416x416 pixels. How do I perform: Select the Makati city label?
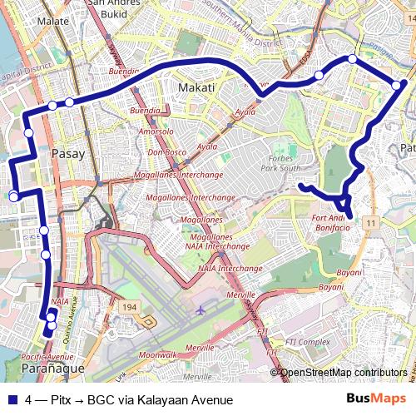[196, 87]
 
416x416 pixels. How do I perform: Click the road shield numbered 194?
[129, 308]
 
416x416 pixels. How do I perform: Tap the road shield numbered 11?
[371, 222]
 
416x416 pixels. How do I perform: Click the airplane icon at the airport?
[201, 310]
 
